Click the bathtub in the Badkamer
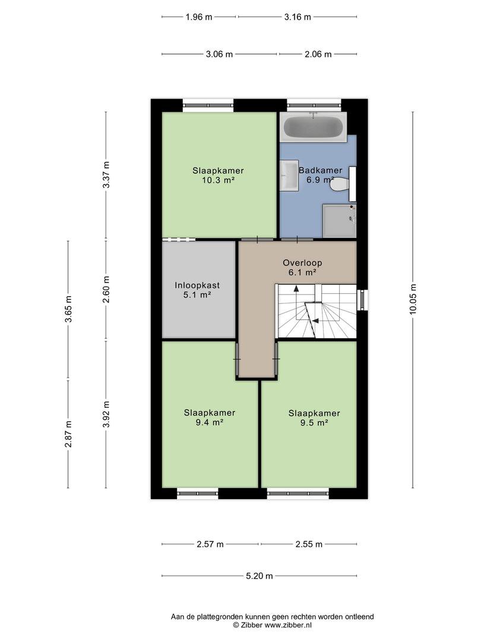point(314,127)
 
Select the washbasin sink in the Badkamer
point(290,175)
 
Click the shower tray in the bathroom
point(340,221)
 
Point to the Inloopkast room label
point(197,285)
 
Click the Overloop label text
point(302,263)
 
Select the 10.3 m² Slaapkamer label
point(218,175)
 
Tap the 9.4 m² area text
point(210,423)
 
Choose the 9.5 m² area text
point(314,423)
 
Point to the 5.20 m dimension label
point(260,576)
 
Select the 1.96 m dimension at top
point(199,17)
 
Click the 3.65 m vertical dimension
point(68,309)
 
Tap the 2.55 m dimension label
point(309,544)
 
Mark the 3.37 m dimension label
point(106,174)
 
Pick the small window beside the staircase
point(362,300)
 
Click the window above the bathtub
point(314,106)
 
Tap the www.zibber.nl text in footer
point(289,625)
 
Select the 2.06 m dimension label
point(318,54)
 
